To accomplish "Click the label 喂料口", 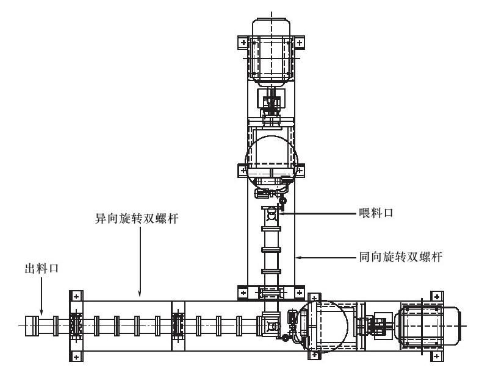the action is coord(376,213).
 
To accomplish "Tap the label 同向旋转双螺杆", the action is coord(400,257).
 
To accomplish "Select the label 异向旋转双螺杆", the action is coord(137,219).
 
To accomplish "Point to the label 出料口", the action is coord(41,269).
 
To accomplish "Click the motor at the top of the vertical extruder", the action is coord(271,52).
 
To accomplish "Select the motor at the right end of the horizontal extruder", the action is coord(428,325).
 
